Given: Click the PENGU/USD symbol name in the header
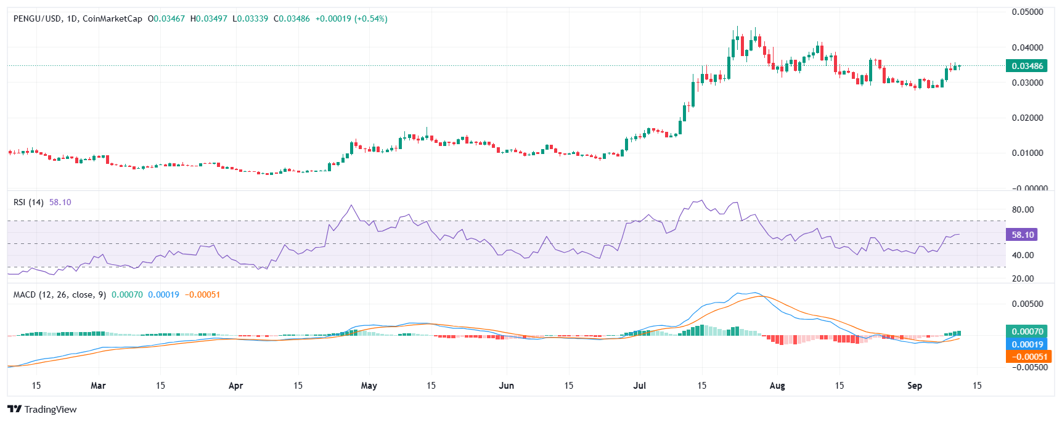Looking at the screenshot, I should [x=37, y=19].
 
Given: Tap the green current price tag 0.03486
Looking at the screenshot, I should [x=1026, y=66].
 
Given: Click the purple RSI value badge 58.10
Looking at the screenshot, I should [x=1021, y=235].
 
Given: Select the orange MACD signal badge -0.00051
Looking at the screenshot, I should [x=1027, y=357].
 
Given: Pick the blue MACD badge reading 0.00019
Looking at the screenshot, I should [x=1027, y=344].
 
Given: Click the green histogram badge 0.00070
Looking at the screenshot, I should [x=1027, y=331].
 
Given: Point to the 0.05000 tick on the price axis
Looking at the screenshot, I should [x=1027, y=12].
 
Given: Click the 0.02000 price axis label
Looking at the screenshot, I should [x=1027, y=118].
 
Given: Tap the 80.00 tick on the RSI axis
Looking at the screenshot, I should [x=1023, y=209].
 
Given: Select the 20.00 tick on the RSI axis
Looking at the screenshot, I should [x=1023, y=278].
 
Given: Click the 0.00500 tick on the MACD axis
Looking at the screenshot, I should [x=1027, y=304].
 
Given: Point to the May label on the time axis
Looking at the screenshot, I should [x=369, y=386].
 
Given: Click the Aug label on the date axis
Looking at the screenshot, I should [x=777, y=386].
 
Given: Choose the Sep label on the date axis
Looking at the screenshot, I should [x=915, y=386].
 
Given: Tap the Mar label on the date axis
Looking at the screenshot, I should [x=98, y=386].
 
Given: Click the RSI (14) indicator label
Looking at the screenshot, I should [x=28, y=202].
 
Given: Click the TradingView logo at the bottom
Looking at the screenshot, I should [x=42, y=410].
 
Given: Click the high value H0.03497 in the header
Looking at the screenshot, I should [x=208, y=19].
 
